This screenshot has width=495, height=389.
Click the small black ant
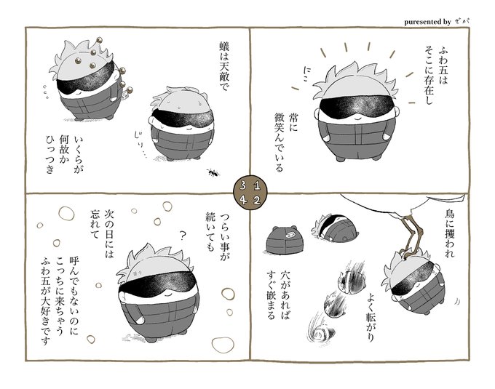[x=213, y=172]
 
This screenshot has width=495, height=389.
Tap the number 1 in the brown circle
[x=257, y=186]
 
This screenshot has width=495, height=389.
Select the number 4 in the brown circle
[x=243, y=201]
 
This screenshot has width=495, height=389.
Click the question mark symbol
[x=182, y=236]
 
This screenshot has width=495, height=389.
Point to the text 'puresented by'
[x=427, y=22]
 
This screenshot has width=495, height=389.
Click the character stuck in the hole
[x=335, y=228]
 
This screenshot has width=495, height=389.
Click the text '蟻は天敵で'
[x=224, y=68]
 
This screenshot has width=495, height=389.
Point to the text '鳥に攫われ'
[x=450, y=233]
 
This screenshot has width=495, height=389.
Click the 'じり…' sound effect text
[x=140, y=145]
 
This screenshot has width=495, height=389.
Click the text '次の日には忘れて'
[x=102, y=234]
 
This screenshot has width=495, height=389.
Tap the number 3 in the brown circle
[x=243, y=186]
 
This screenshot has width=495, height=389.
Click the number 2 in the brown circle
[x=257, y=201]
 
